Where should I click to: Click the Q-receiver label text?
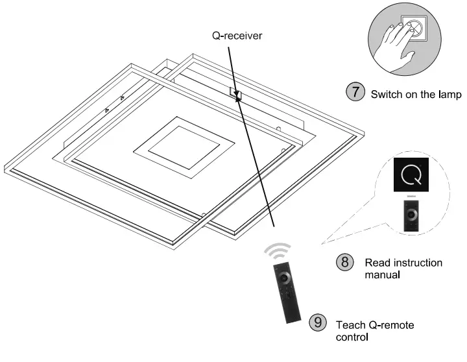(x=237, y=36)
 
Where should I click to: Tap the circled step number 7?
(x=355, y=92)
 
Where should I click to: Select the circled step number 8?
(x=345, y=263)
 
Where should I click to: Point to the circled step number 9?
(x=317, y=322)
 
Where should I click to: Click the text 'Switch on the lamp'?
(x=415, y=94)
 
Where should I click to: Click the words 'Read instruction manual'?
(x=403, y=269)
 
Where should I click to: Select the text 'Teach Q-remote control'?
(x=374, y=330)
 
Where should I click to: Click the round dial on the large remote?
(x=283, y=278)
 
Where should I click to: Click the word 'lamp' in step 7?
(x=448, y=94)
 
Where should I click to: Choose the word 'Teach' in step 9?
(x=348, y=324)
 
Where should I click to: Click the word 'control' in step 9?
(x=352, y=337)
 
